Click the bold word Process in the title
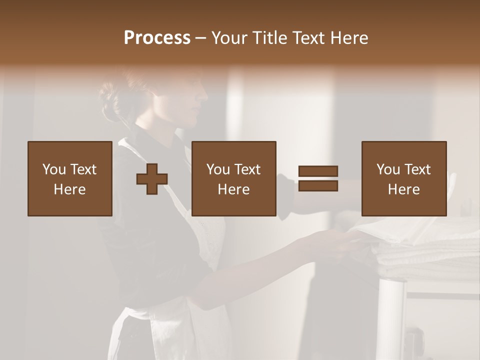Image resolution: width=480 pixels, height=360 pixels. pyautogui.click(x=157, y=38)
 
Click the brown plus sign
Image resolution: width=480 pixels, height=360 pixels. pyautogui.click(x=152, y=179)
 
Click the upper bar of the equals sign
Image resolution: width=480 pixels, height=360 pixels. pyautogui.click(x=318, y=171)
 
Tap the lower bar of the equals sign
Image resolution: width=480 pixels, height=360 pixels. pyautogui.click(x=318, y=186)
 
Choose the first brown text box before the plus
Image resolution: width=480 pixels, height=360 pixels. pyautogui.click(x=69, y=178)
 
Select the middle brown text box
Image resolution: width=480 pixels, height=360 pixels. pyautogui.click(x=233, y=178)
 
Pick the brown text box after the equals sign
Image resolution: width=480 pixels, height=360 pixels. pyautogui.click(x=403, y=178)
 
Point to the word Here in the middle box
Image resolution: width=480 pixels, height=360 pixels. pyautogui.click(x=233, y=189)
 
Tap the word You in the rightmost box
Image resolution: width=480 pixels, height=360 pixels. pyautogui.click(x=388, y=169)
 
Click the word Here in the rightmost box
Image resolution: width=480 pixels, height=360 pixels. pyautogui.click(x=403, y=189)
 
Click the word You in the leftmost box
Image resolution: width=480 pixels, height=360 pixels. pyautogui.click(x=54, y=169)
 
